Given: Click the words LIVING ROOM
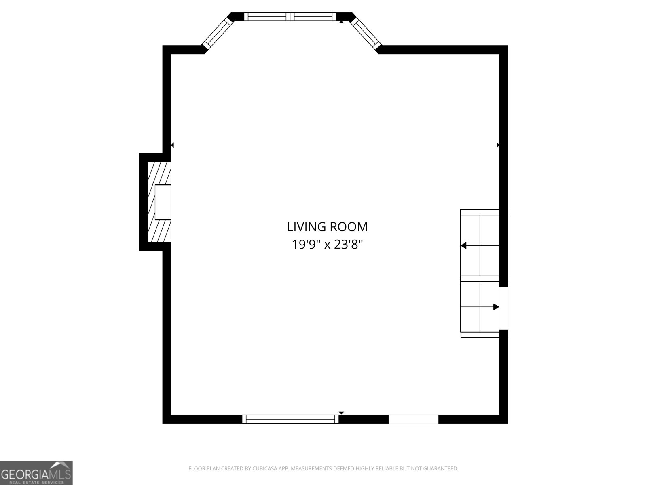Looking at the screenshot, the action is point(327,227).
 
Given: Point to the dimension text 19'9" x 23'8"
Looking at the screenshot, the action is point(327,245).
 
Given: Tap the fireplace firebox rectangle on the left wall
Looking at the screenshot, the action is point(163,202).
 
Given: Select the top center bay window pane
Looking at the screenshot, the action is point(290,17).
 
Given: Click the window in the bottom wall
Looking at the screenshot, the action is point(290,419).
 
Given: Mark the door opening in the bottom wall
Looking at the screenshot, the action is point(413,419).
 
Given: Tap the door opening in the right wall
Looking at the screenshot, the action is point(503,308).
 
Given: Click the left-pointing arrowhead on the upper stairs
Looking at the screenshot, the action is point(463,245).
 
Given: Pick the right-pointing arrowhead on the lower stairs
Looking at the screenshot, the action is point(496,307).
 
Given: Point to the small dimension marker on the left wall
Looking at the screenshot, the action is point(172,145).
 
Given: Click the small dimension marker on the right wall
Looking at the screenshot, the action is point(498,145).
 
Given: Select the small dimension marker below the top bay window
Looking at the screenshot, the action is point(341,22).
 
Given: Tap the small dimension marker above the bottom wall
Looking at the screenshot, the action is point(341,413).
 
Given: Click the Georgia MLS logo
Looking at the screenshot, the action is point(36,472).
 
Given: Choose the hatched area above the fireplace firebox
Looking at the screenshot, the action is point(159,173).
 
